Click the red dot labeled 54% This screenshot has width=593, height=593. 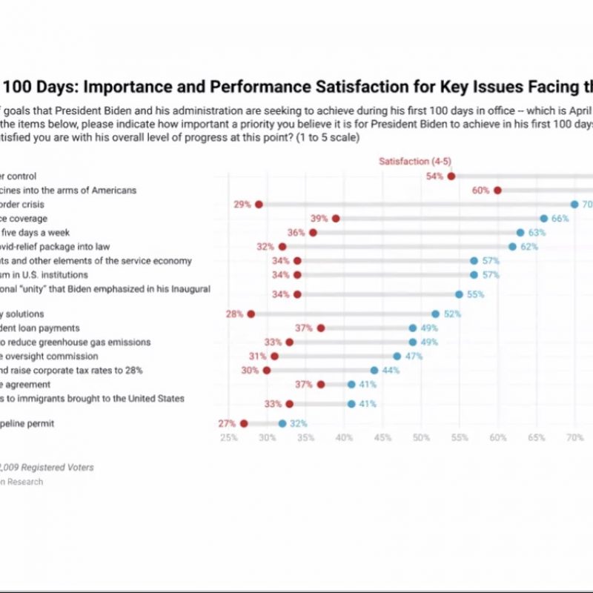tap(451, 176)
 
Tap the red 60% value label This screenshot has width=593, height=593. tap(480, 191)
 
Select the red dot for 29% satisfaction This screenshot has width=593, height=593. tap(259, 204)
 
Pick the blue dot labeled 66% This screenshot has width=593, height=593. tap(544, 219)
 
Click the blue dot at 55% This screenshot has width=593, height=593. tap(459, 294)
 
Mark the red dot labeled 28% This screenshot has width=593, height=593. tap(251, 314)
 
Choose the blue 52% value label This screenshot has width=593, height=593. tap(452, 314)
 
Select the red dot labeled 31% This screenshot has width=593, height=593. tap(274, 356)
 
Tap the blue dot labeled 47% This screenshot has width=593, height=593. tap(397, 356)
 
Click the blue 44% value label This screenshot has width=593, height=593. tap(390, 370)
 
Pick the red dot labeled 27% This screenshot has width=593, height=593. tap(243, 423)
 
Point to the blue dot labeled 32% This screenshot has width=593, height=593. tap(282, 423)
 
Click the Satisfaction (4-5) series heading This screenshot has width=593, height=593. tap(414, 162)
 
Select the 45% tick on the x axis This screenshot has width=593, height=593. tap(382, 438)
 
